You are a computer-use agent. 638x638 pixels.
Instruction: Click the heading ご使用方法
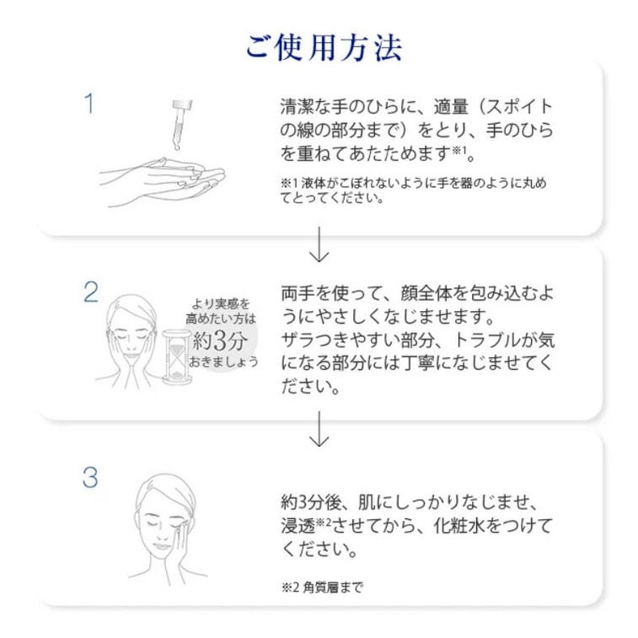tap(324, 46)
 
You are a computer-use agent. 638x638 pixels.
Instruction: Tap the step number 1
tap(88, 105)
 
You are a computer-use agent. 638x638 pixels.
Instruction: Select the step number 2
tap(90, 292)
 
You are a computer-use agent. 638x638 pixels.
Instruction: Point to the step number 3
tap(90, 477)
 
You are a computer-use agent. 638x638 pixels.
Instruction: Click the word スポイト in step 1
tap(523, 108)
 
